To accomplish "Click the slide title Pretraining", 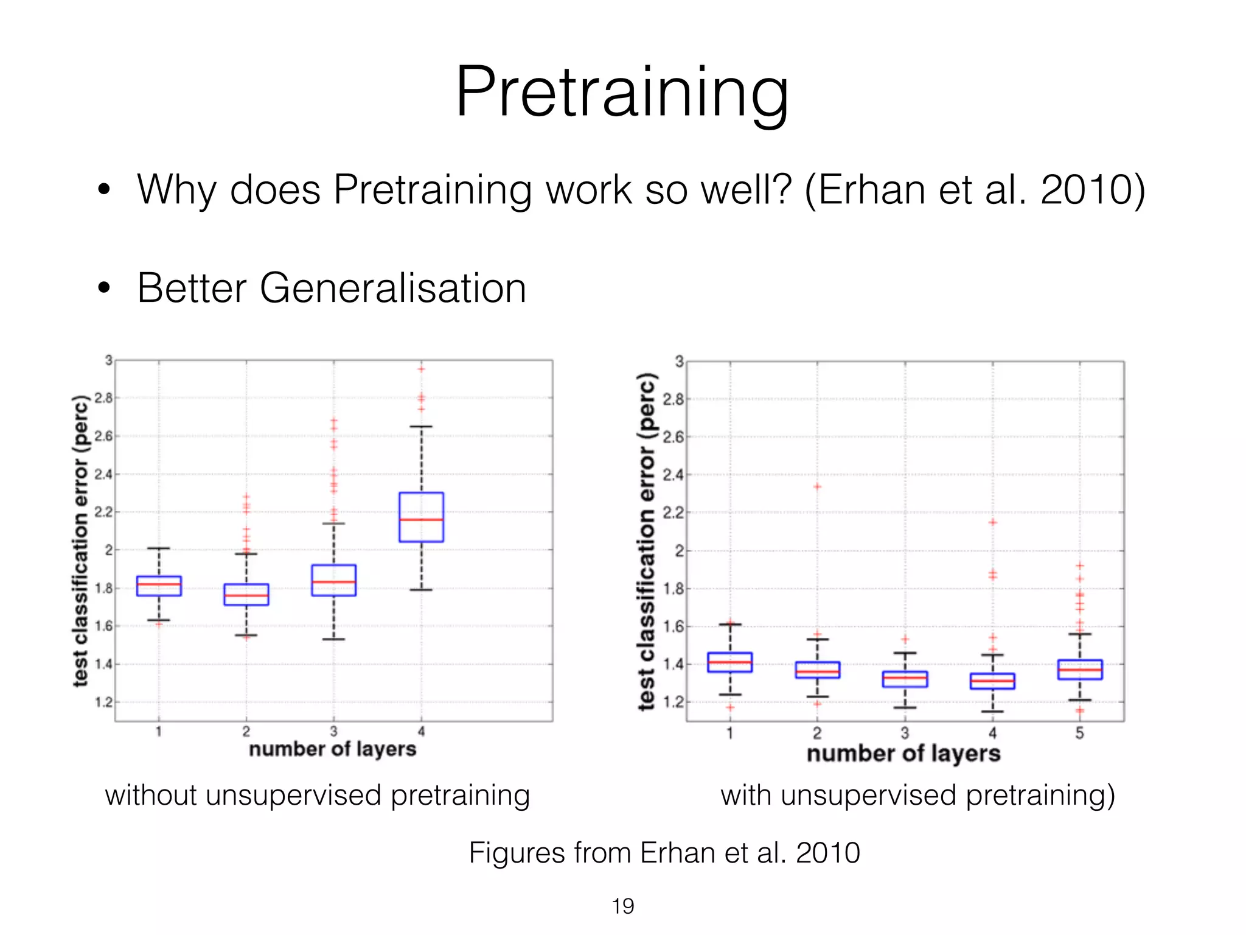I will coord(622,93).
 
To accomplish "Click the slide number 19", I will coord(622,906).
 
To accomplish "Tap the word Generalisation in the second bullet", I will coord(392,288).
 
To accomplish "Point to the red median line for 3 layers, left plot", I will coord(333,582).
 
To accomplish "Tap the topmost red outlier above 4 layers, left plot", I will coord(421,369).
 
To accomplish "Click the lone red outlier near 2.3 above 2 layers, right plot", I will coord(818,486).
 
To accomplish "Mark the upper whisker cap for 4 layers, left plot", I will coord(421,427).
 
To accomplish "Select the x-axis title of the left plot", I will coord(332,749).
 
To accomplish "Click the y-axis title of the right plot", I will coord(647,542).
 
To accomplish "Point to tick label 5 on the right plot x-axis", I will coord(1080,734).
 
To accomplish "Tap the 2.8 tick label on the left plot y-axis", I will coord(104,398).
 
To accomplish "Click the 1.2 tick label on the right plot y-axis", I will coord(673,702).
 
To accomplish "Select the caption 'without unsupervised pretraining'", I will coord(317,795).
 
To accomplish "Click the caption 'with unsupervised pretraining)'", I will coord(917,795).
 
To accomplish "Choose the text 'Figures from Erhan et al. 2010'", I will coord(664,852).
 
